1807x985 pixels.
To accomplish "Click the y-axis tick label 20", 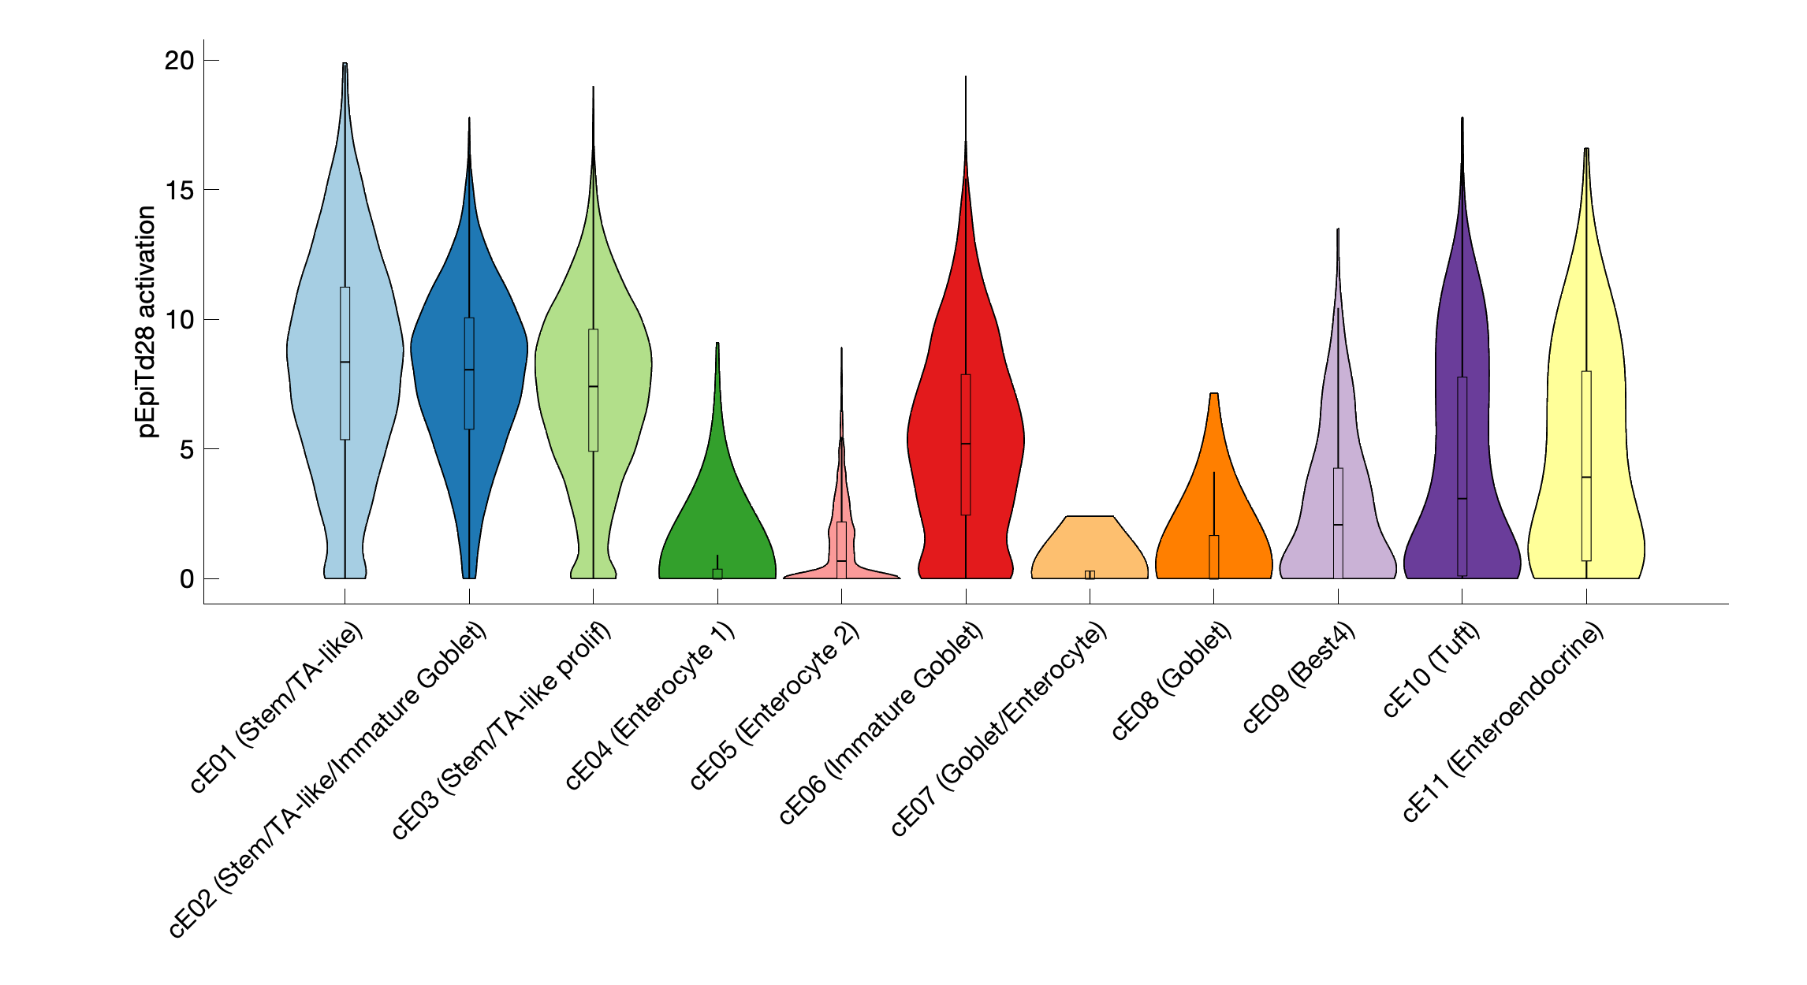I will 179,61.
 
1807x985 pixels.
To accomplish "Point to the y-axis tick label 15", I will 179,190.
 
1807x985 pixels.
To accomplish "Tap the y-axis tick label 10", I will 179,320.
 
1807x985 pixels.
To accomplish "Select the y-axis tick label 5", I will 187,449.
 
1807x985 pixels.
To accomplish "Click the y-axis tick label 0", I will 187,579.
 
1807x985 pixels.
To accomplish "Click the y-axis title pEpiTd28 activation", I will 147,322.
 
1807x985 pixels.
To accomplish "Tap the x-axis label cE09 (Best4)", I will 1298,678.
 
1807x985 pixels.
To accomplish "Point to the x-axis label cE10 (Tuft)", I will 1431,670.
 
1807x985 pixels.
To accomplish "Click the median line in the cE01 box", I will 345,362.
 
